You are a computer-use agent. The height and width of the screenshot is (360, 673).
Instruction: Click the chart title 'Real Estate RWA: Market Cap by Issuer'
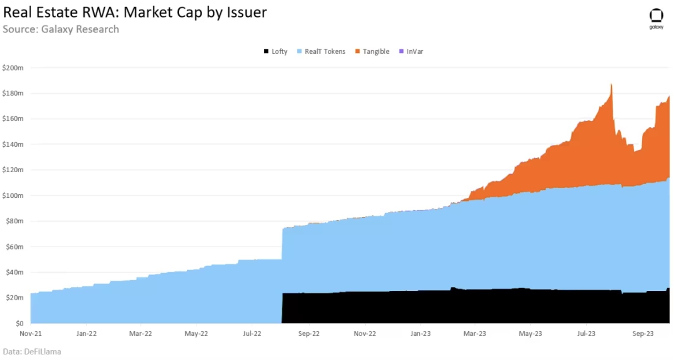click(135, 12)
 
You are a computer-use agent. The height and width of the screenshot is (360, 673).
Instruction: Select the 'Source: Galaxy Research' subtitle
click(61, 29)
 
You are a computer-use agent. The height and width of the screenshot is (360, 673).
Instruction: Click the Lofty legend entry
click(276, 51)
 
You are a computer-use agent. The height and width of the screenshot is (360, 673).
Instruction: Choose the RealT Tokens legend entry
click(321, 51)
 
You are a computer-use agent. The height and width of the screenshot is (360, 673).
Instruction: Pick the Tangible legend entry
click(372, 51)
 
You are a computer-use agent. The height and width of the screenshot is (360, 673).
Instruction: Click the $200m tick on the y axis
click(13, 68)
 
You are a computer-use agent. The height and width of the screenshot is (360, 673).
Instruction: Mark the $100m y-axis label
click(13, 195)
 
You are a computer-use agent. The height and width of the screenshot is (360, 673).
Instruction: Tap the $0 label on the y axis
click(20, 323)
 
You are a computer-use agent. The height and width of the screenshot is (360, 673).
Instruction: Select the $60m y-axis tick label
click(15, 247)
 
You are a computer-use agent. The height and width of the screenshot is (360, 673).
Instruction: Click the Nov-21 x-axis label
click(30, 334)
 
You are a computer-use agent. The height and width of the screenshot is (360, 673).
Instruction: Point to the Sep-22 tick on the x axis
click(309, 334)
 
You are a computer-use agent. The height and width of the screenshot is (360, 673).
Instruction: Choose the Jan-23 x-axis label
click(420, 334)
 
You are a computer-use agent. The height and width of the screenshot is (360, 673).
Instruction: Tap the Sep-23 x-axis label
click(643, 334)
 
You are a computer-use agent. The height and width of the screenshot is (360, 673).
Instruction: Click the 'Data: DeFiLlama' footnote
click(32, 352)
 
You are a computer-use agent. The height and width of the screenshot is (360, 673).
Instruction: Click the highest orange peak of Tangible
click(611, 85)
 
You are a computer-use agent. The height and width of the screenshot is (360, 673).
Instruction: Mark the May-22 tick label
click(196, 334)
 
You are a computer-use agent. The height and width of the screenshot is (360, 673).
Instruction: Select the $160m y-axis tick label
click(13, 118)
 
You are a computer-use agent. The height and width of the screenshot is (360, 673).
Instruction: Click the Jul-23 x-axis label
click(586, 334)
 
